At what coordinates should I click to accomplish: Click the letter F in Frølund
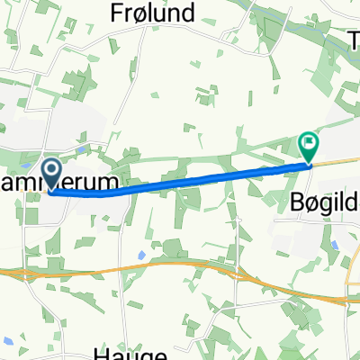point(116,13)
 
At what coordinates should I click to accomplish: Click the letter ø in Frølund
point(138,13)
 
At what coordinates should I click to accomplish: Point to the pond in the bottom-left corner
point(7,340)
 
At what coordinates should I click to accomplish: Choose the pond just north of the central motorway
point(141,256)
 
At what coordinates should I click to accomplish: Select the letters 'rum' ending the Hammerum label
point(101,184)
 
